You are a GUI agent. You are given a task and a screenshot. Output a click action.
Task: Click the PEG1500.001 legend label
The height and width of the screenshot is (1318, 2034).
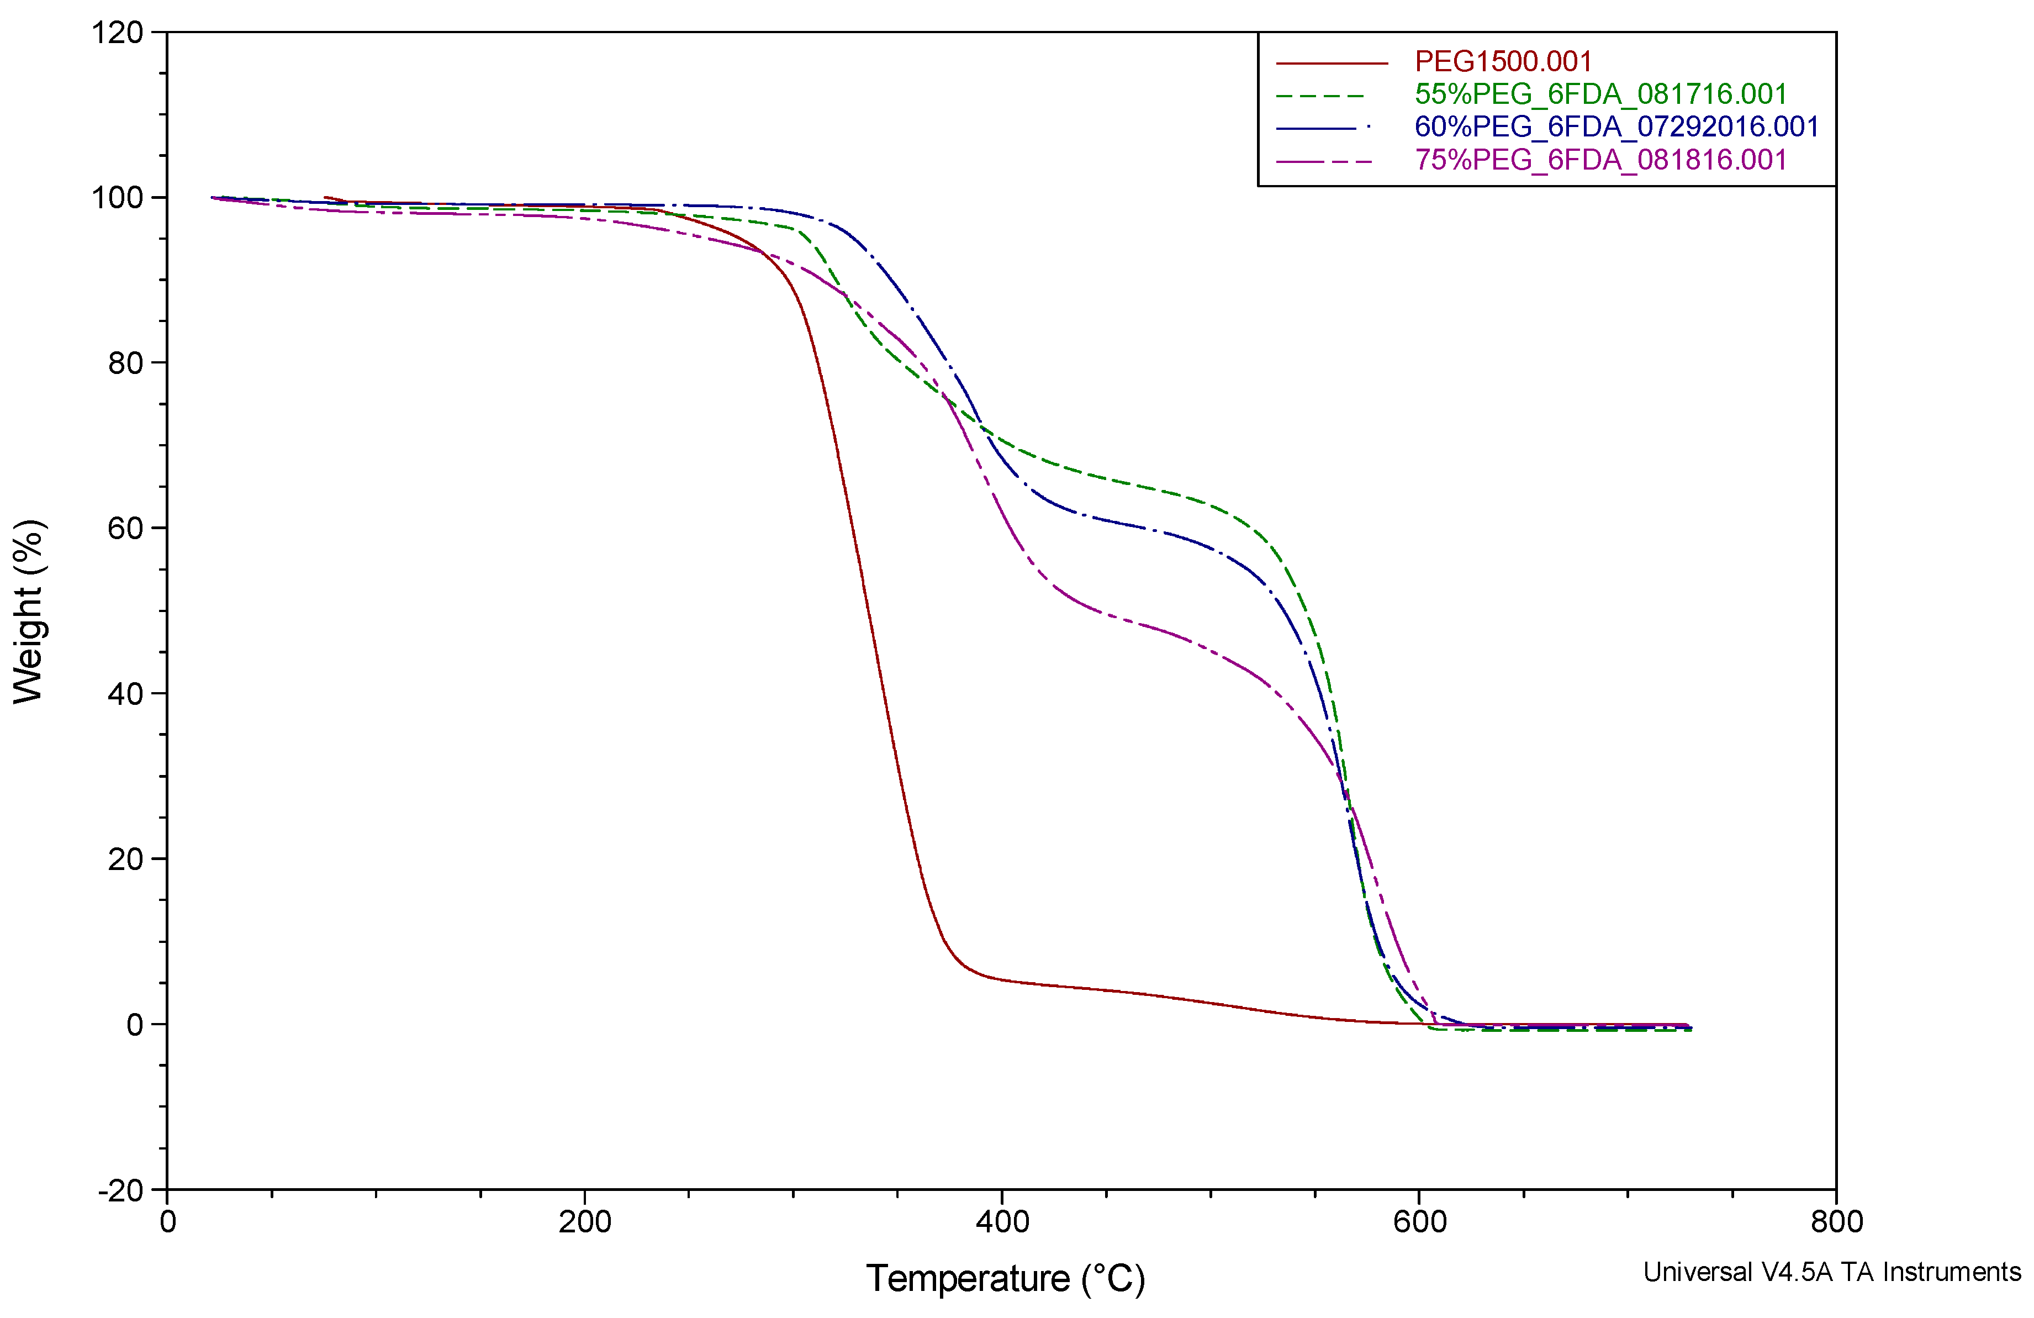[1502, 61]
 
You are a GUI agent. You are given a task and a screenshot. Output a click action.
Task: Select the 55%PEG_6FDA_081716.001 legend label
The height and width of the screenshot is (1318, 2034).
[1600, 94]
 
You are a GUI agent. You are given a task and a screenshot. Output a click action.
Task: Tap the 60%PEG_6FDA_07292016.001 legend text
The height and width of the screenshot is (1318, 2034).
[1616, 126]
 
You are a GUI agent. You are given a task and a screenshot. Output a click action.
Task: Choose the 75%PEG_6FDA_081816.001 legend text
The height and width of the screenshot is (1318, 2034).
[1600, 160]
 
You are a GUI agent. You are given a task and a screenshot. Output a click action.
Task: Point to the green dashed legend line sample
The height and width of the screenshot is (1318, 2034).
[1320, 96]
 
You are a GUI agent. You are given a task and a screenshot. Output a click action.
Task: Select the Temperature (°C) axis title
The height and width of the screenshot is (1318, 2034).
[1005, 1279]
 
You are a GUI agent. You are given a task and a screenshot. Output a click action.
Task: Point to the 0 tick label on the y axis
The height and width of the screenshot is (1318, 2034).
[135, 1025]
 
